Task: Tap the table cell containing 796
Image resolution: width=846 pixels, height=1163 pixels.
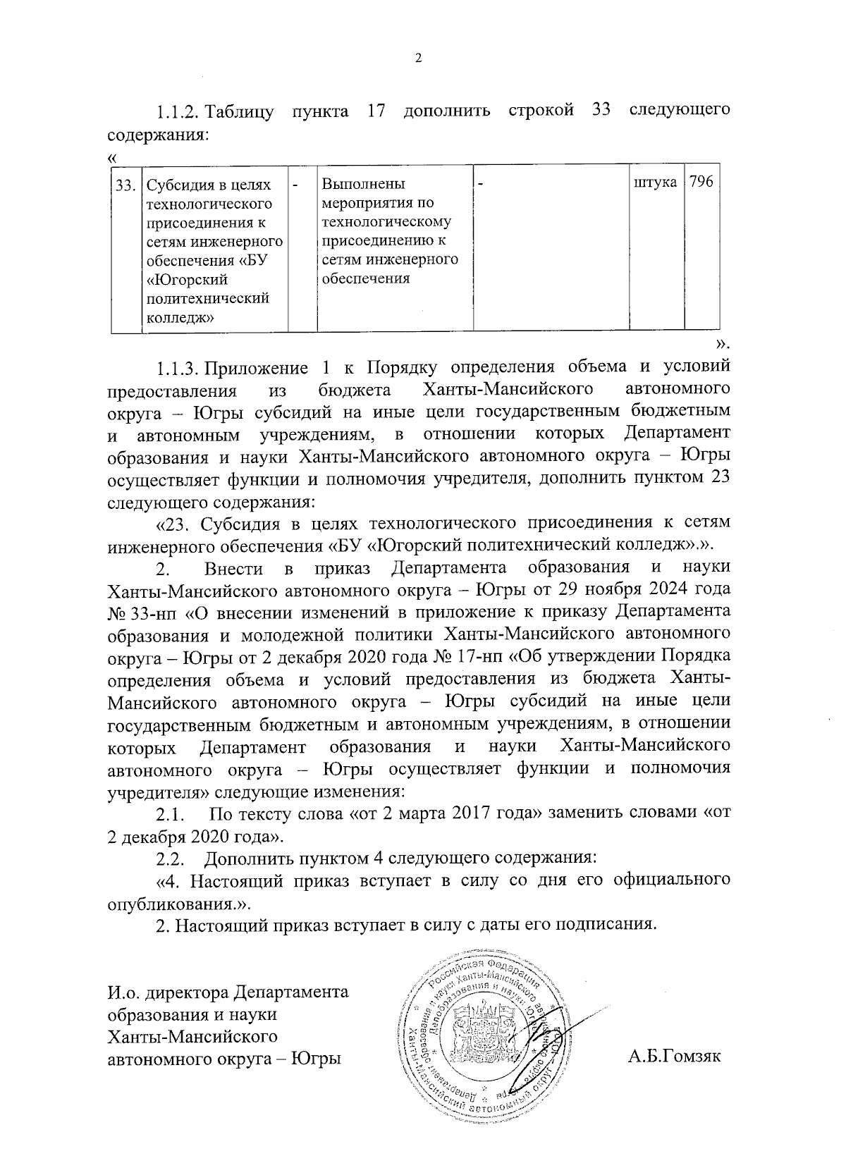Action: point(701,183)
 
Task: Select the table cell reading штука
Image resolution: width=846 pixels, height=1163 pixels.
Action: point(656,183)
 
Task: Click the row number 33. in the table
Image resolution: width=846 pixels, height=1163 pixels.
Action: point(125,185)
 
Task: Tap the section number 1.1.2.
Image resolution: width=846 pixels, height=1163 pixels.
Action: point(178,112)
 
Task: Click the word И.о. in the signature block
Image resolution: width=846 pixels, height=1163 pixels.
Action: point(123,994)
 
